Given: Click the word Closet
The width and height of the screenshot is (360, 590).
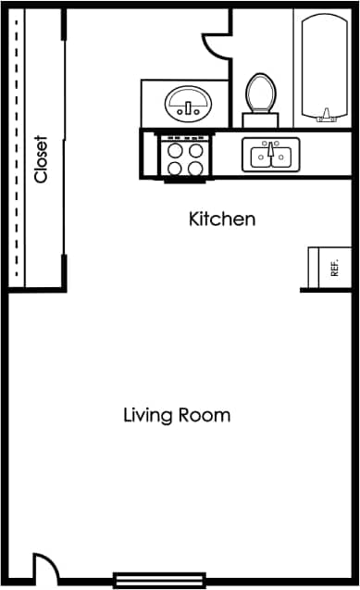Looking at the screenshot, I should pyautogui.click(x=41, y=160).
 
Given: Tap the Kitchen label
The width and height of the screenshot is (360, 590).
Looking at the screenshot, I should pyautogui.click(x=222, y=220).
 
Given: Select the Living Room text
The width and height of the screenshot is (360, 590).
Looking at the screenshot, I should pyautogui.click(x=177, y=415).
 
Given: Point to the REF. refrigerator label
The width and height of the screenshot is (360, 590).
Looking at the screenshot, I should pyautogui.click(x=333, y=269).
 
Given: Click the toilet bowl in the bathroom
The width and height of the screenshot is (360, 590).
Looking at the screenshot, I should pyautogui.click(x=259, y=93).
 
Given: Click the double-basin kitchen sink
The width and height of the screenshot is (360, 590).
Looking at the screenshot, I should pyautogui.click(x=270, y=155).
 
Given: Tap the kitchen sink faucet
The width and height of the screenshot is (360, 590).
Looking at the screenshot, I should pyautogui.click(x=270, y=146).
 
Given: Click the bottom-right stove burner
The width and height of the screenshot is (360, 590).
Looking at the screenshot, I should pyautogui.click(x=195, y=169).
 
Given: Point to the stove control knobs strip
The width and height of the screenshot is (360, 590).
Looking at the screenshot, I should pyautogui.click(x=185, y=138).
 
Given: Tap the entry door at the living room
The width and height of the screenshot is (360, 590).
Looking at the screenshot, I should pyautogui.click(x=43, y=566).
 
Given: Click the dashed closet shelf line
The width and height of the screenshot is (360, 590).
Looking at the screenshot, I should pyautogui.click(x=17, y=148).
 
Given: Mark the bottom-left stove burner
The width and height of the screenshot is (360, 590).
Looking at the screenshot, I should pyautogui.click(x=175, y=169).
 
